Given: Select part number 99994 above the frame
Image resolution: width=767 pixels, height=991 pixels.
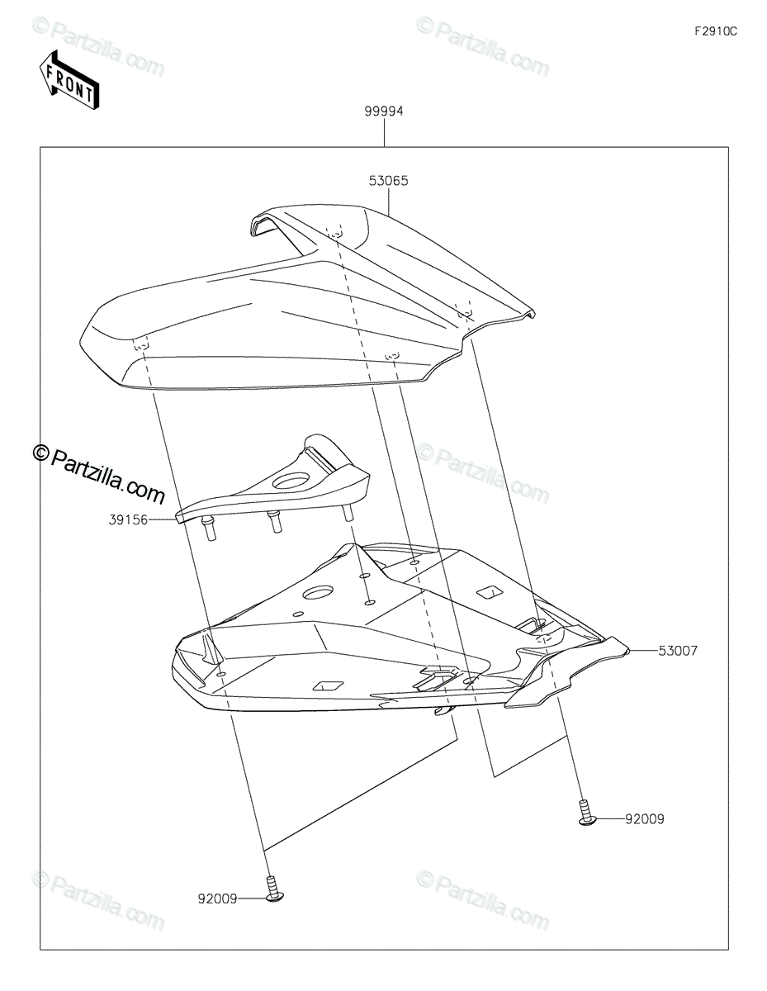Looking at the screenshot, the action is (x=384, y=111).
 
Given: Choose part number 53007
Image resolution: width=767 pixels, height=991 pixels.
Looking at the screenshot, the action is (x=678, y=651).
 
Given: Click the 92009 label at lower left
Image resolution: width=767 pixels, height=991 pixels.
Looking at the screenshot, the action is (x=217, y=898).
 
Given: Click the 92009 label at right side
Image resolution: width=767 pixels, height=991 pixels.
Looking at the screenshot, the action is (x=644, y=819).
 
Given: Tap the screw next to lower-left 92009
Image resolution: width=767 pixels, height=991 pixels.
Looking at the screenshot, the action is (x=273, y=893).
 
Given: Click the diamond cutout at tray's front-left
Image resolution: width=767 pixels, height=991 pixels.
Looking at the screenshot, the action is (x=327, y=684).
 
